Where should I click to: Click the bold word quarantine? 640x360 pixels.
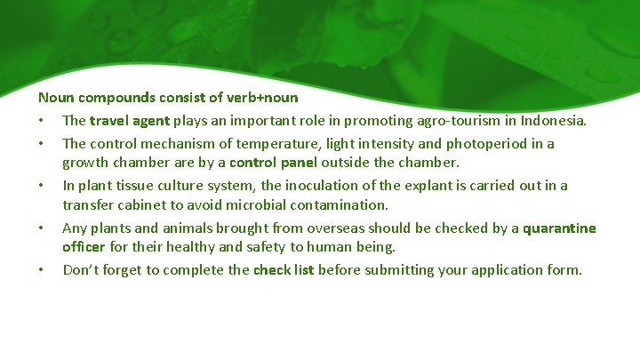(559, 228)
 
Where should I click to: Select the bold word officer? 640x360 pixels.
(84, 247)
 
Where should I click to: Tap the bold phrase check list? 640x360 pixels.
(284, 269)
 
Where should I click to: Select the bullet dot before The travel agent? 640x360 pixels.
(41, 121)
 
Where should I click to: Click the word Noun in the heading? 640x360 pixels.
(55, 97)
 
